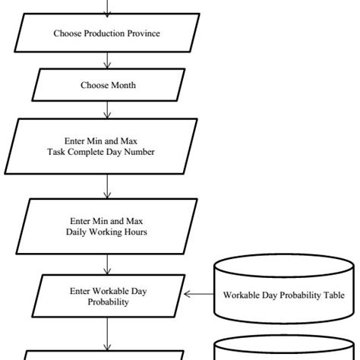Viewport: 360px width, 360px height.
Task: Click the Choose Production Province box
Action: click(107, 33)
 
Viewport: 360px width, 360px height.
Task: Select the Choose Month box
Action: click(108, 85)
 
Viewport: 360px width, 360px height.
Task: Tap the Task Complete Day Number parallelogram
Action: click(107, 146)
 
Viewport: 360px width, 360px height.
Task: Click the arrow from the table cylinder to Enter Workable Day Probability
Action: click(199, 295)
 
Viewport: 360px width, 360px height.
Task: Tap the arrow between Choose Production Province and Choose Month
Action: click(108, 60)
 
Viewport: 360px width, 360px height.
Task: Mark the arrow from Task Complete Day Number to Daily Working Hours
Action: click(108, 186)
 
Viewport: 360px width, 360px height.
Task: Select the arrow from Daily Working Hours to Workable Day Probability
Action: click(108, 264)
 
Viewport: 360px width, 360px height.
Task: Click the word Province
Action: click(143, 33)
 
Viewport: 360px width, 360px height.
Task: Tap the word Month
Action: click(122, 85)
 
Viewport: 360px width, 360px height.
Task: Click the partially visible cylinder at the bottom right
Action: click(283, 351)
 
